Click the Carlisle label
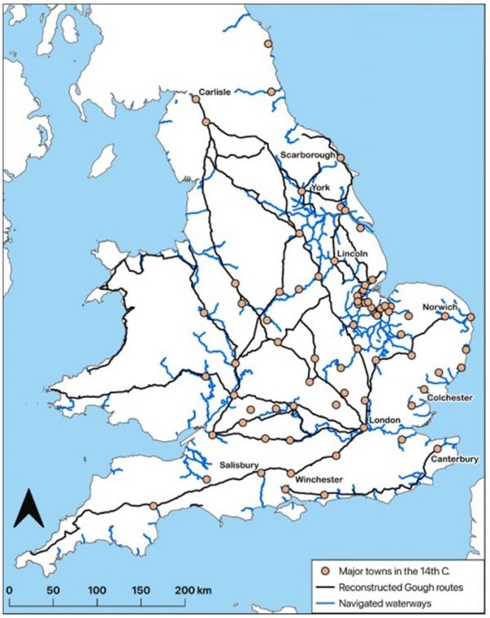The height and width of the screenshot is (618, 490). pos(216,91)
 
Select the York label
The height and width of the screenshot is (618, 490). pos(319,187)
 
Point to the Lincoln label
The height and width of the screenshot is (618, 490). pos(350,254)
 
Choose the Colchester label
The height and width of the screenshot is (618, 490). pos(450,398)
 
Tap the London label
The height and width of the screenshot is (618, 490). pos(384,420)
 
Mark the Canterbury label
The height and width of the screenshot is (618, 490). pos(456,459)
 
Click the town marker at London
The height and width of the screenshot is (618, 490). pos(364,428)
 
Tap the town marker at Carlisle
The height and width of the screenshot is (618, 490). pos(196,99)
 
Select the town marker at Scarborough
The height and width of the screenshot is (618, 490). pos(341,158)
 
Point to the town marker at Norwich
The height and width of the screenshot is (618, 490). pos(445,316)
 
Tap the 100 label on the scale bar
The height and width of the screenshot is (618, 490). pos(98,589)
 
